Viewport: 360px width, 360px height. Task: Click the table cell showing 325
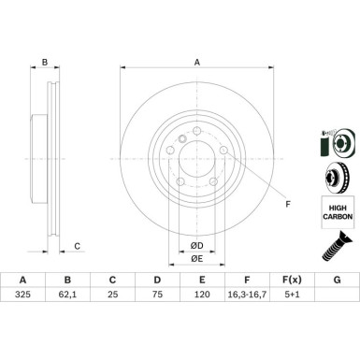22,294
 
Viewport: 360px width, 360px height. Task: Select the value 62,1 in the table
67,294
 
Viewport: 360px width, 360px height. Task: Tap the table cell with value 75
157,294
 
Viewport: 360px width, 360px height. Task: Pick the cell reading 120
202,294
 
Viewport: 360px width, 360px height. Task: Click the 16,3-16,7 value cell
247,294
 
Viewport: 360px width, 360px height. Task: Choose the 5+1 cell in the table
292,294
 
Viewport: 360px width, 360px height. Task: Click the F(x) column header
292,280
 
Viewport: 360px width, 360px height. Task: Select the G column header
337,280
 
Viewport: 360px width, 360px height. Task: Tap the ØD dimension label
197,246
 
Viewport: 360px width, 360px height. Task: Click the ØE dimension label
197,258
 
